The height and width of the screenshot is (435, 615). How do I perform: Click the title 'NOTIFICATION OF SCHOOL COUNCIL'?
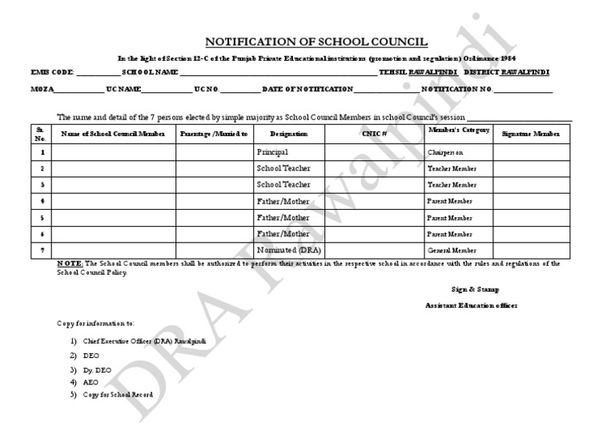coord(316,42)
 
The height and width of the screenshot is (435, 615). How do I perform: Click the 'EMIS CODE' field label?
coord(52,73)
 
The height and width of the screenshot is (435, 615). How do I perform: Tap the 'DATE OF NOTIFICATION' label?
coord(308,89)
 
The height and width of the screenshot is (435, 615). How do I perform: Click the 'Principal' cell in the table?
coord(273,151)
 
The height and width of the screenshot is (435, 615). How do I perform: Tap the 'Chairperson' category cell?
coord(445,152)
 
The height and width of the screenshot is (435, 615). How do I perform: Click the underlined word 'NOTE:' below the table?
coord(70,264)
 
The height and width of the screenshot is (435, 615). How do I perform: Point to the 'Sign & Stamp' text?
coord(475,289)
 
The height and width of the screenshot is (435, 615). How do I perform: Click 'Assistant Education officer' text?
coord(471,306)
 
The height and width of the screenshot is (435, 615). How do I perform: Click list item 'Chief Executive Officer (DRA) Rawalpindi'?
coord(143,341)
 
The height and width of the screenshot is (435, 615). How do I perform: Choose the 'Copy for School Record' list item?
coord(117,395)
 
